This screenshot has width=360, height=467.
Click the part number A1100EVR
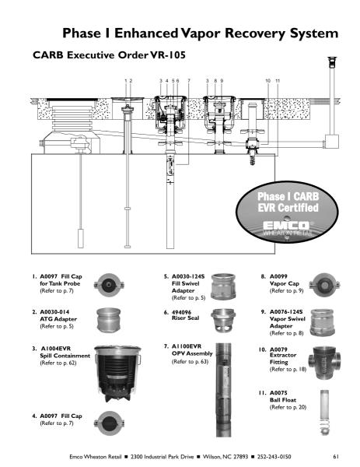(x=187, y=346)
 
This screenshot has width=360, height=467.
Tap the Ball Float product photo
(x=324, y=412)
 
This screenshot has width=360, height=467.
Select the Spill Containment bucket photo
(x=117, y=374)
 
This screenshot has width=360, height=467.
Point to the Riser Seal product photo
(x=223, y=320)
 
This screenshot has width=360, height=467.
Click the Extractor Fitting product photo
(x=324, y=363)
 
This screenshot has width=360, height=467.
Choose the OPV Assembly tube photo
(x=223, y=390)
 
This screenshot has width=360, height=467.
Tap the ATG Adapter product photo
(x=109, y=320)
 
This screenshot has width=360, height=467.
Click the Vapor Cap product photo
(x=324, y=285)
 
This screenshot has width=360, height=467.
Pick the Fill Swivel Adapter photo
(x=223, y=286)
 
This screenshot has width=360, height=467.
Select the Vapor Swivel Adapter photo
(x=322, y=322)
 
